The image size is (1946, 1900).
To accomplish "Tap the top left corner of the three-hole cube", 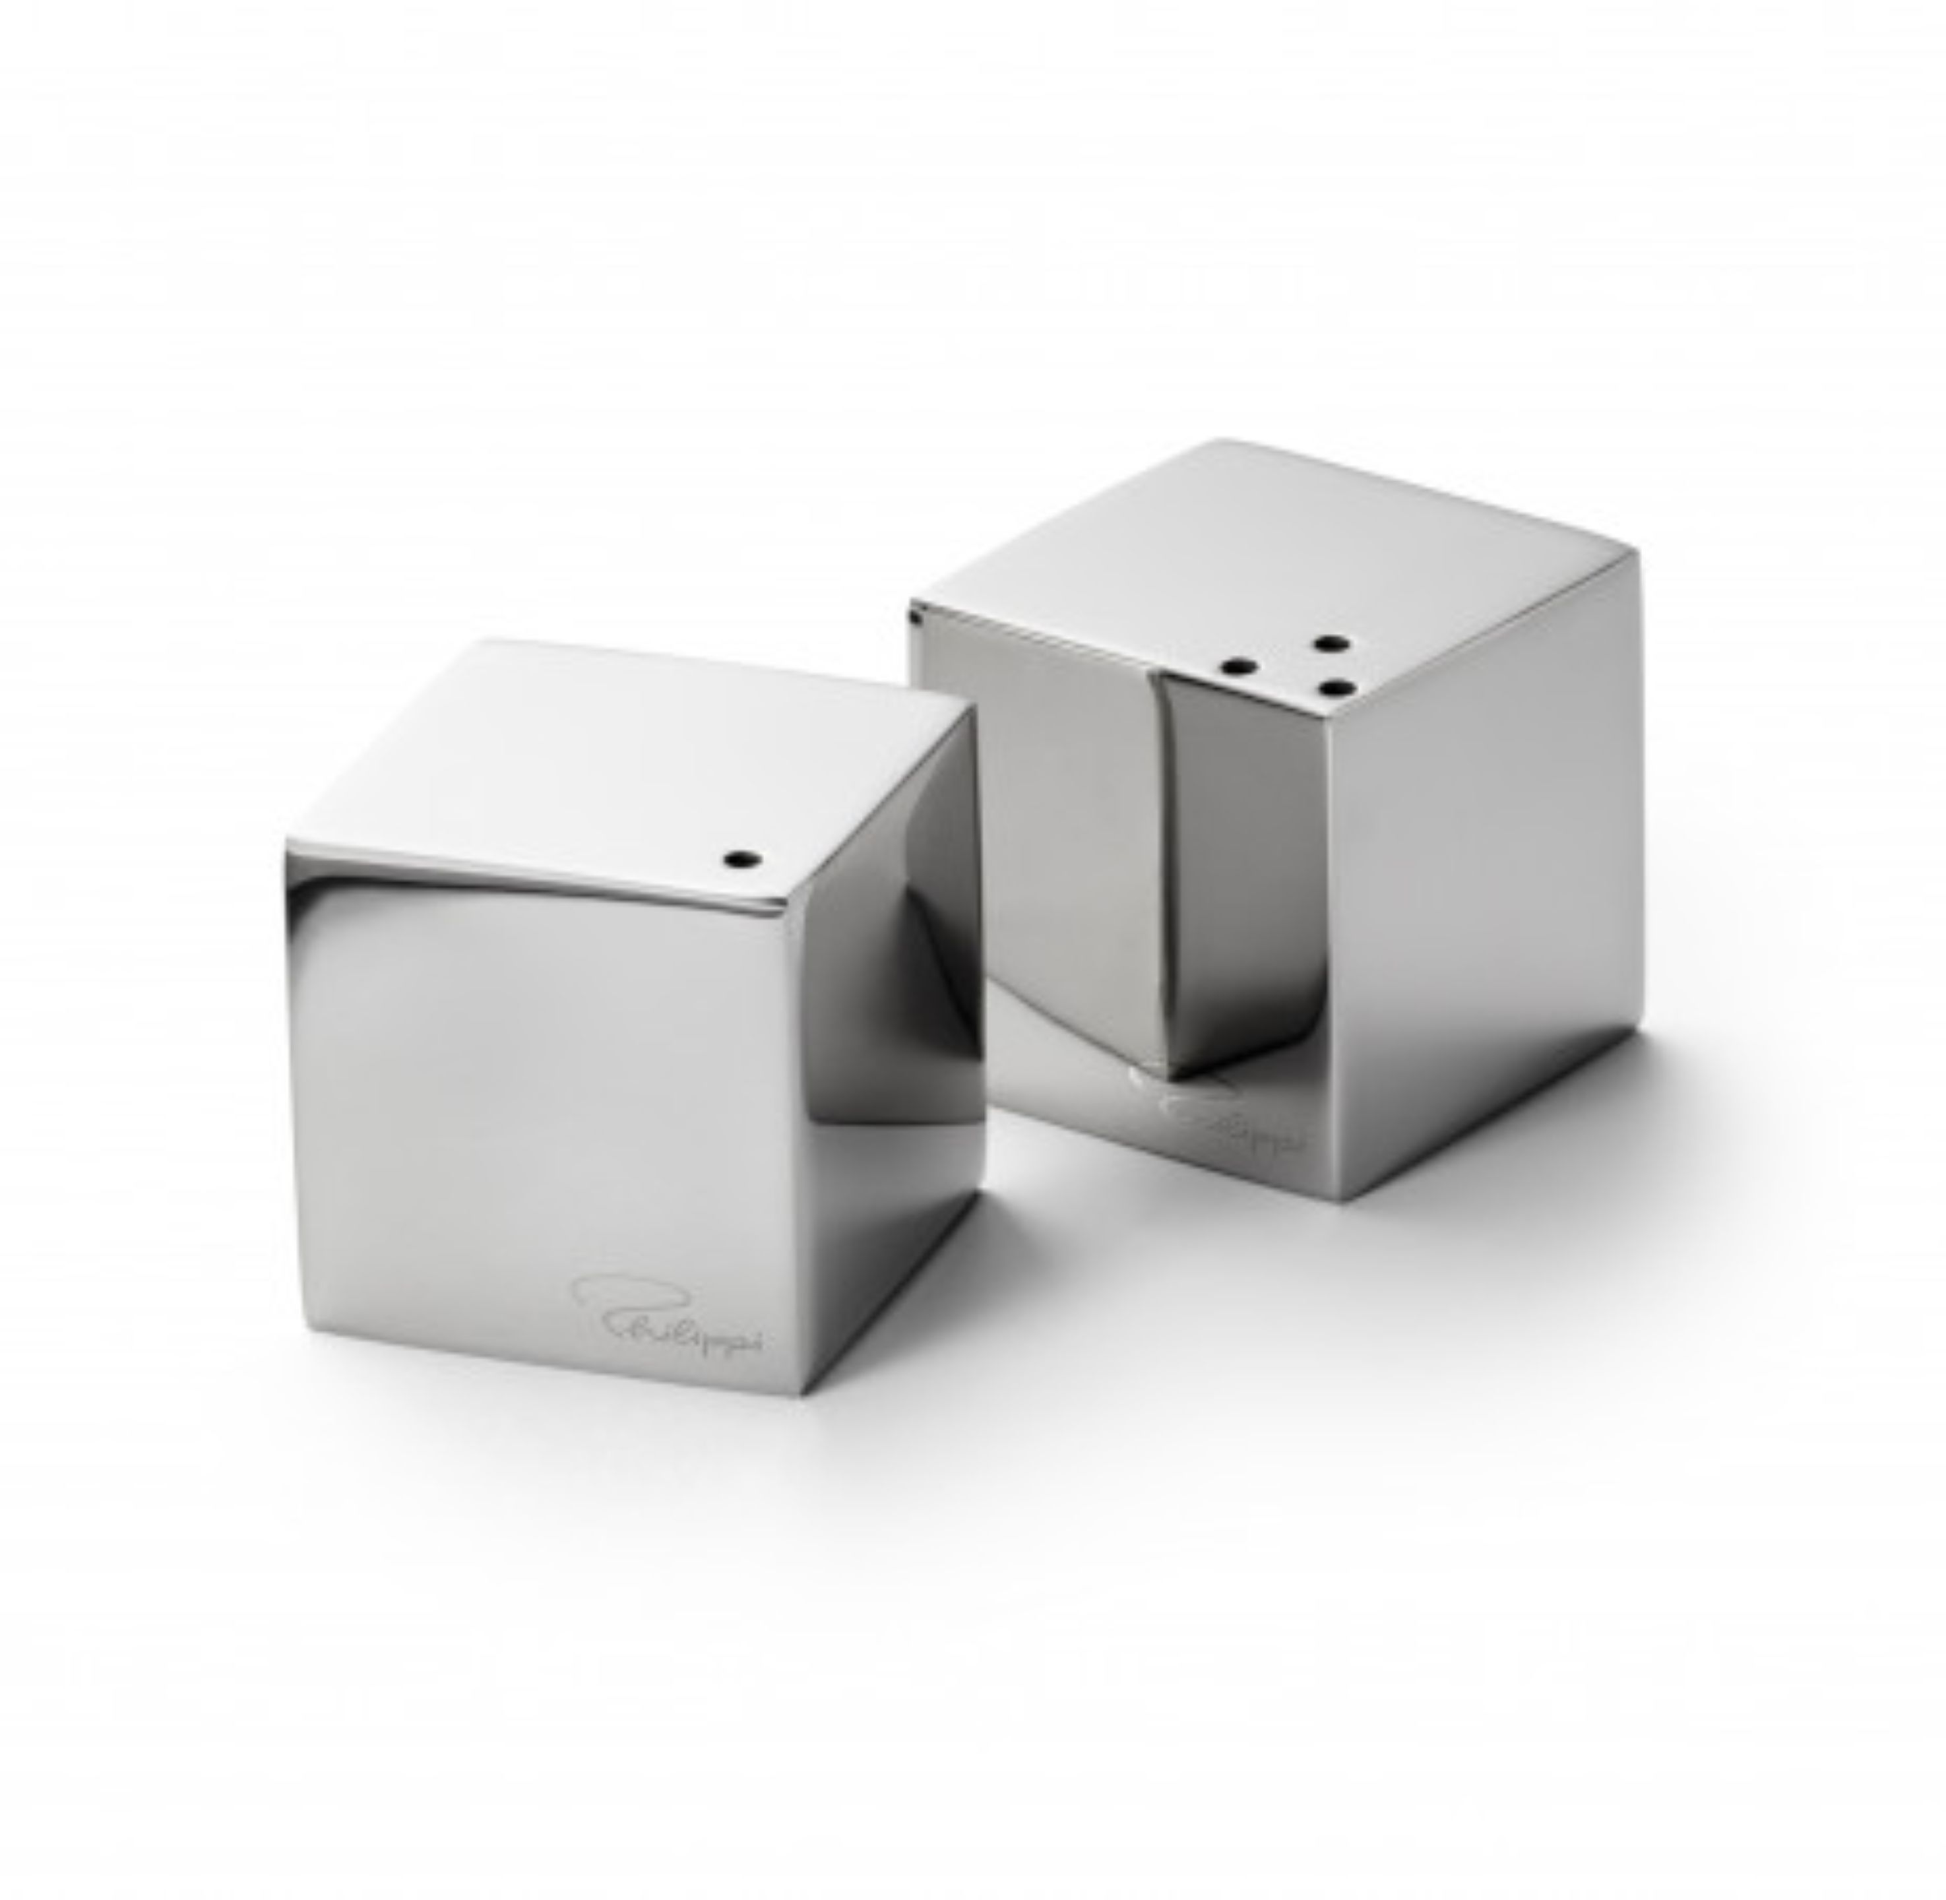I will point(913,607).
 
